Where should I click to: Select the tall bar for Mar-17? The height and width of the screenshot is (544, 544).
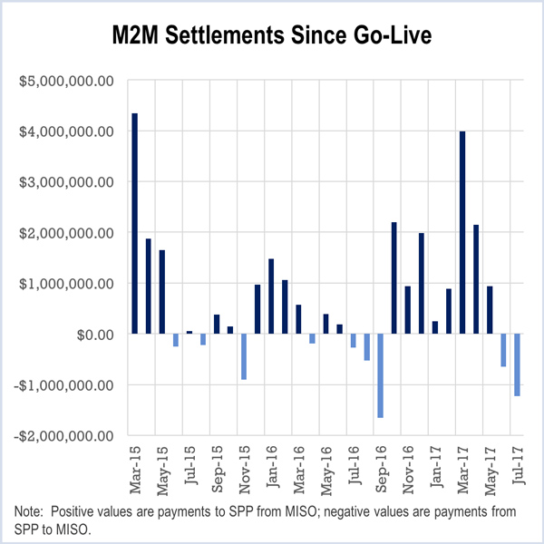pyautogui.click(x=462, y=233)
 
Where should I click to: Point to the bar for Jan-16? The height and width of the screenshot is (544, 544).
pyautogui.click(x=271, y=296)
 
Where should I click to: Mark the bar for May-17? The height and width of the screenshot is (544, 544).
pyautogui.click(x=490, y=310)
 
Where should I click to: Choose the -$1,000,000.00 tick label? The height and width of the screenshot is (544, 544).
pyautogui.click(x=63, y=385)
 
